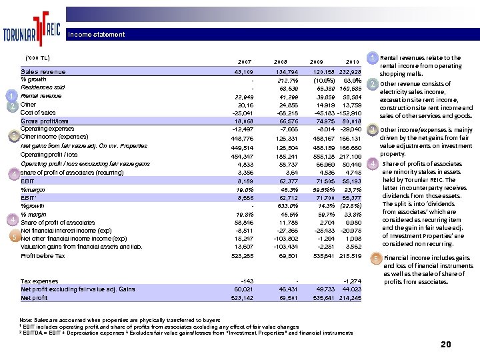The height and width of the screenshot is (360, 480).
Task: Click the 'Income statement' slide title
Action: (x=96, y=35)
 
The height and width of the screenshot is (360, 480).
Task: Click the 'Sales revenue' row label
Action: (x=43, y=71)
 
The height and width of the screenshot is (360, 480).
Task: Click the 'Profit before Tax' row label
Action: (x=43, y=256)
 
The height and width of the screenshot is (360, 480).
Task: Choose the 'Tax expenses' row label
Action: (x=39, y=281)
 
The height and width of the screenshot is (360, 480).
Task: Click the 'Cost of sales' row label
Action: (x=38, y=113)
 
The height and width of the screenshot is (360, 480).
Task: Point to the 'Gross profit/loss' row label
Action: (x=45, y=121)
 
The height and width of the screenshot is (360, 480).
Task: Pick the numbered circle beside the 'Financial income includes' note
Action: (x=375, y=258)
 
